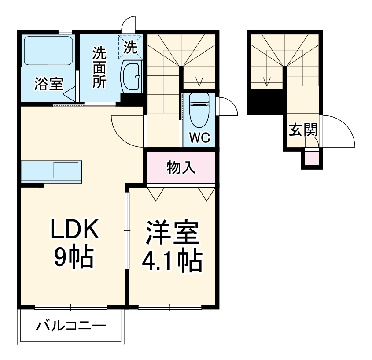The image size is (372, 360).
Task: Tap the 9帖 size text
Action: (73, 257)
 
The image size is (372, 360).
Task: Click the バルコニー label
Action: (71, 327)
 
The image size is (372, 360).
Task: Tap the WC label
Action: (199, 138)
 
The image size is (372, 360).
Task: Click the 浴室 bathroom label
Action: (48, 84)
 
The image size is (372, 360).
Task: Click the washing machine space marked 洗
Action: (130, 46)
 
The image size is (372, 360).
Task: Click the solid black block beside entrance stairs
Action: (265, 102)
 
